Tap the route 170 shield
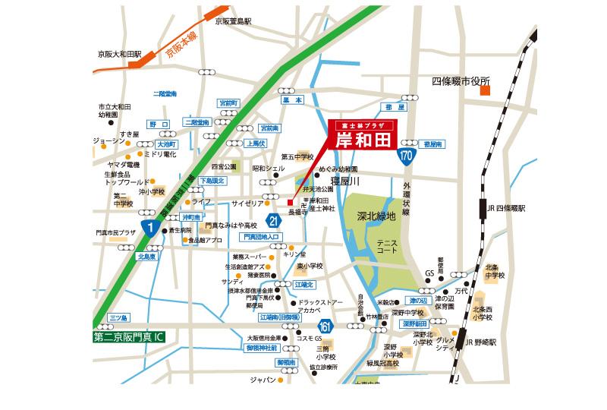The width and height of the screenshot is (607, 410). pyautogui.click(x=406, y=155)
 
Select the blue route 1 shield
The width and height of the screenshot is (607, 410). pyautogui.click(x=151, y=229)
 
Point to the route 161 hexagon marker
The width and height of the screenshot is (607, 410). pyautogui.click(x=324, y=326)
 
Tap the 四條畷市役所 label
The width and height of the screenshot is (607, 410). pyautogui.click(x=461, y=80)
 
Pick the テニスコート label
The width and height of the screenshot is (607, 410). pyautogui.click(x=387, y=246)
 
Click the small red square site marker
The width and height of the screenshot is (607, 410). pyautogui.click(x=290, y=202)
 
